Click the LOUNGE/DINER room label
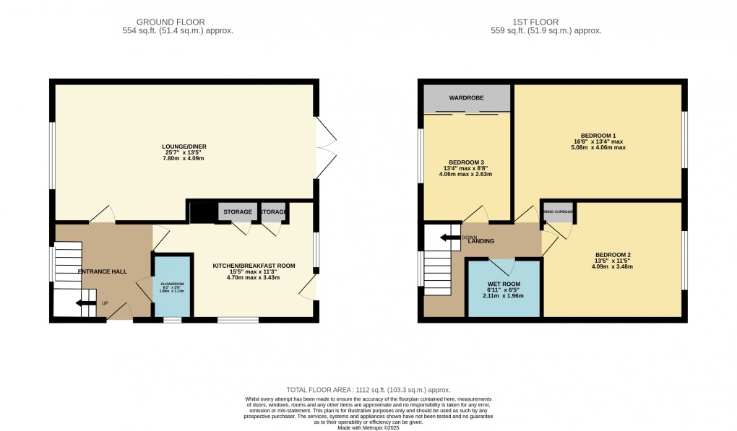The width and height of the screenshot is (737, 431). (184, 147)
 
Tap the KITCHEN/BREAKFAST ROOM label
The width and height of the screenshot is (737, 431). (254, 266)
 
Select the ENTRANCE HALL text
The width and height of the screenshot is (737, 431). (102, 271)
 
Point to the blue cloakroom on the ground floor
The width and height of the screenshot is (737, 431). (172, 286)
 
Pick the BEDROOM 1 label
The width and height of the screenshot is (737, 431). (599, 135)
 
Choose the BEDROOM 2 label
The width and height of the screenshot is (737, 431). (613, 254)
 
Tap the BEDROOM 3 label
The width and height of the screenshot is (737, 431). (467, 162)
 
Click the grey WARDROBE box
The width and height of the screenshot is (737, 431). (467, 98)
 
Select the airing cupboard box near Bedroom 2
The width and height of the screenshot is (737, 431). (559, 212)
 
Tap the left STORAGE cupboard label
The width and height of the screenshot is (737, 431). (237, 212)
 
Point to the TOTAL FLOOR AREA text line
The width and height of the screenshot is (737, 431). (368, 388)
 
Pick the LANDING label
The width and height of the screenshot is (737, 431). (480, 241)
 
